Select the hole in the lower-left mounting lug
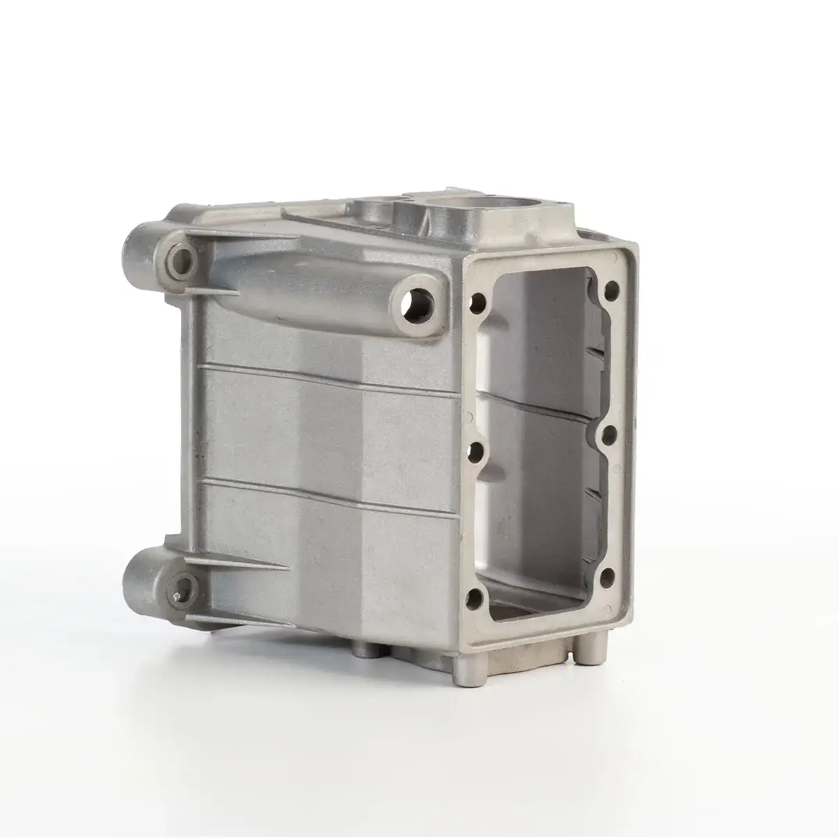click(184, 585)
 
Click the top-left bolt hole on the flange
click(480, 303)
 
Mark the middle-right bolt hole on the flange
click(609, 433)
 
